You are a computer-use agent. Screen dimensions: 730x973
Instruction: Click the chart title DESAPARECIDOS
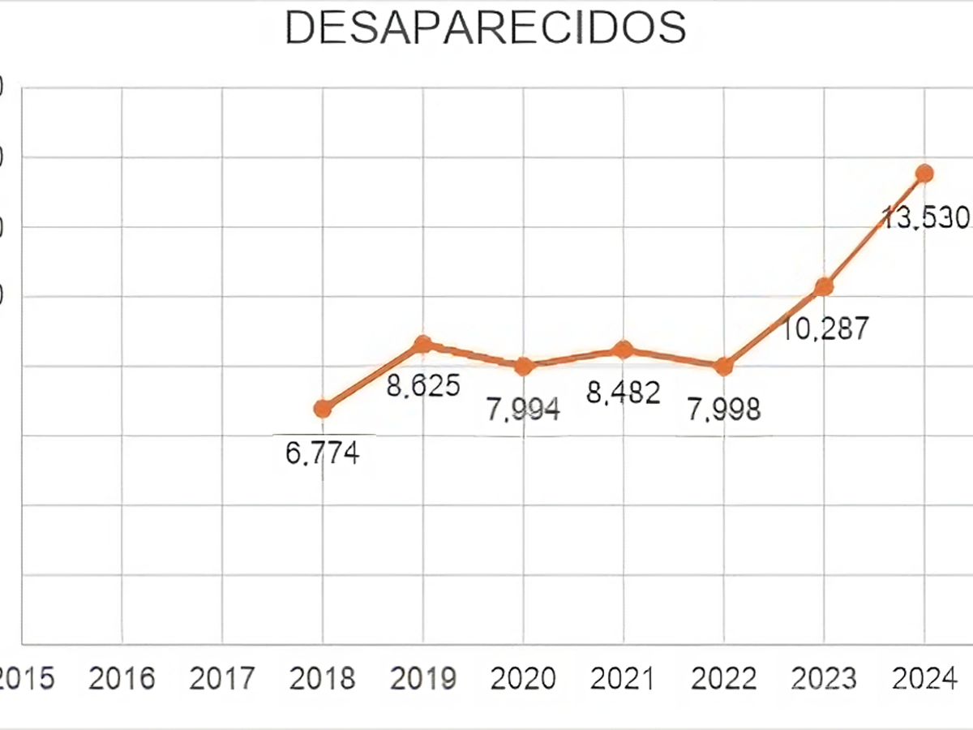pyautogui.click(x=485, y=28)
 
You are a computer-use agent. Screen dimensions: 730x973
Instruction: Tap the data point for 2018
pyautogui.click(x=323, y=408)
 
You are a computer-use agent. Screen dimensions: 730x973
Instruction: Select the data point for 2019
pyautogui.click(x=422, y=345)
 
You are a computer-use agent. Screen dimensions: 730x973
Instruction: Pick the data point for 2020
pyautogui.click(x=523, y=366)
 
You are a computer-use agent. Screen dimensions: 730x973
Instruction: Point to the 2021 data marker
pyautogui.click(x=623, y=350)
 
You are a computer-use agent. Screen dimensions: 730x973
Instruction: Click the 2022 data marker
pyautogui.click(x=723, y=366)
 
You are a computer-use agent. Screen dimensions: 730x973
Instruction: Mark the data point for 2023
pyautogui.click(x=824, y=286)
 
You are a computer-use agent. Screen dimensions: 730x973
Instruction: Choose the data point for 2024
pyautogui.click(x=924, y=173)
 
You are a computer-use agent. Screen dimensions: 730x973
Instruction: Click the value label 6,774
pyautogui.click(x=322, y=453)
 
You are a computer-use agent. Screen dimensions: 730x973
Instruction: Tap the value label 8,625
pyautogui.click(x=422, y=384)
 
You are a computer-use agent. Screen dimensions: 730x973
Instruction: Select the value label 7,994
pyautogui.click(x=523, y=409)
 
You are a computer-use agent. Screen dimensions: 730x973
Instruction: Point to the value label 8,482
pyautogui.click(x=624, y=393)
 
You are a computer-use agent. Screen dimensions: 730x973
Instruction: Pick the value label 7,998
pyautogui.click(x=724, y=409)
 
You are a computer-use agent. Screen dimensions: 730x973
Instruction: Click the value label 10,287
pyautogui.click(x=825, y=328)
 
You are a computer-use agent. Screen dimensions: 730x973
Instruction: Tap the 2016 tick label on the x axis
pyautogui.click(x=122, y=678)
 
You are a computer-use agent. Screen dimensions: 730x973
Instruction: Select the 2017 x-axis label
pyautogui.click(x=222, y=678)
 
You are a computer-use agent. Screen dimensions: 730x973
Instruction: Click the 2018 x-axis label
pyautogui.click(x=322, y=678)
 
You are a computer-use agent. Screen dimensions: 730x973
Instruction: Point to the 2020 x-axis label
pyautogui.click(x=523, y=678)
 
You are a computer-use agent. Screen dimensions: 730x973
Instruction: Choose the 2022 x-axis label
pyautogui.click(x=724, y=678)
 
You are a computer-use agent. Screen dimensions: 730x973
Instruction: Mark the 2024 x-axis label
pyautogui.click(x=924, y=678)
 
